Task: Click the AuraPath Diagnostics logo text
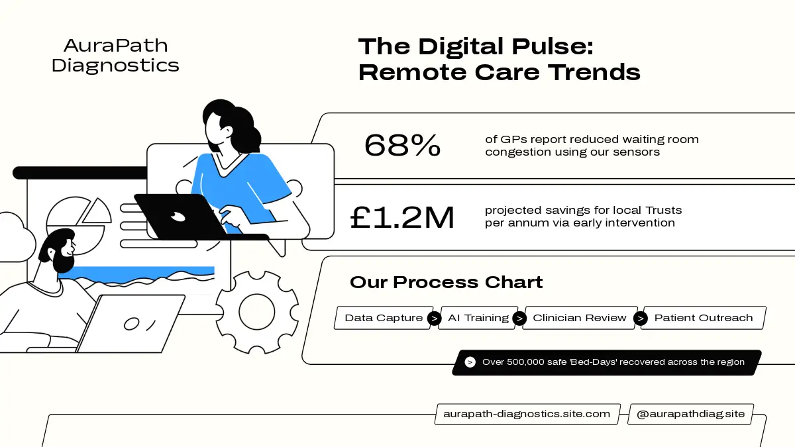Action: (x=115, y=56)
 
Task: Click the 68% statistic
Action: (x=402, y=145)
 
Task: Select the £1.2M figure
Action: (x=402, y=217)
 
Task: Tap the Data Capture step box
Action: (x=384, y=318)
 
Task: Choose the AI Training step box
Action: (x=478, y=318)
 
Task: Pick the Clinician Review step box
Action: (x=580, y=318)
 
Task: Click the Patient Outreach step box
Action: (x=704, y=318)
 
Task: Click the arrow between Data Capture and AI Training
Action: (x=434, y=319)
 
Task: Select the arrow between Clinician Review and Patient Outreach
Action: (x=640, y=319)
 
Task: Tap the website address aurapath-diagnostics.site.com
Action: (x=527, y=414)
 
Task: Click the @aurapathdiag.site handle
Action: (x=690, y=414)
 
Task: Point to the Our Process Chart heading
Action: (x=446, y=282)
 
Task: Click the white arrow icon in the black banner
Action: (x=470, y=362)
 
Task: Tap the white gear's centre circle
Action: (x=256, y=312)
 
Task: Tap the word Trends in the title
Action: (x=594, y=72)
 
